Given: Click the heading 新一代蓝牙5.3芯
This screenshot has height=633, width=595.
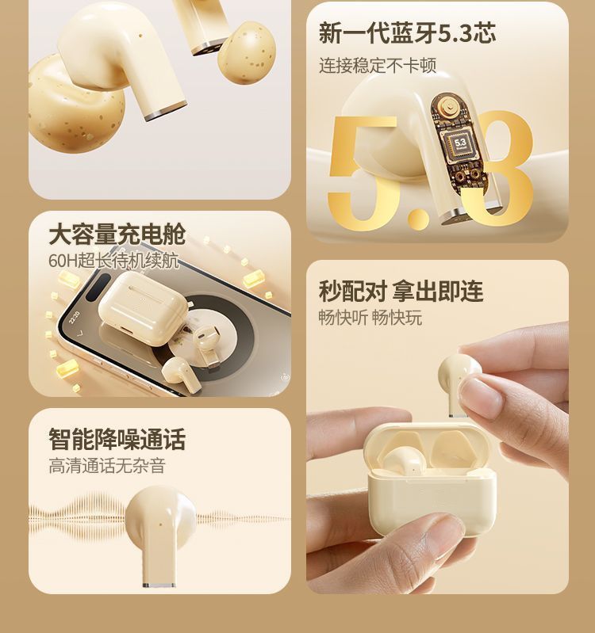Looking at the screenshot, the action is [x=407, y=33].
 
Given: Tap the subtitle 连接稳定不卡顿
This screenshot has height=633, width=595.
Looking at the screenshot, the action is [x=378, y=66].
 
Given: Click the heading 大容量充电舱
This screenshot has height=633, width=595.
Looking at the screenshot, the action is [x=117, y=235].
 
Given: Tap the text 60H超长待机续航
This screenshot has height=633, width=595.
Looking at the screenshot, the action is [x=113, y=261].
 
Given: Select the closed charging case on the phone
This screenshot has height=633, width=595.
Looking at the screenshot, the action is [x=142, y=307].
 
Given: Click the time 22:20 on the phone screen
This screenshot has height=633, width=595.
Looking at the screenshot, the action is [x=75, y=318].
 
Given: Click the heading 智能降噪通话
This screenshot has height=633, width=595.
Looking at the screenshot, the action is [x=117, y=439].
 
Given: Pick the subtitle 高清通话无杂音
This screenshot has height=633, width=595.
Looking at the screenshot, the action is [x=107, y=466].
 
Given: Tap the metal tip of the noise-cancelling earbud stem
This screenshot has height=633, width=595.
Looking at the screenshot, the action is [x=159, y=585].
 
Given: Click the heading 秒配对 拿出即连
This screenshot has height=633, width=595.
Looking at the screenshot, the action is [x=401, y=291].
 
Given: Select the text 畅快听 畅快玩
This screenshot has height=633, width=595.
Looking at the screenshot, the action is [x=370, y=318].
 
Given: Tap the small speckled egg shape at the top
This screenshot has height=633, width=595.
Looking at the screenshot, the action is [x=247, y=52].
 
